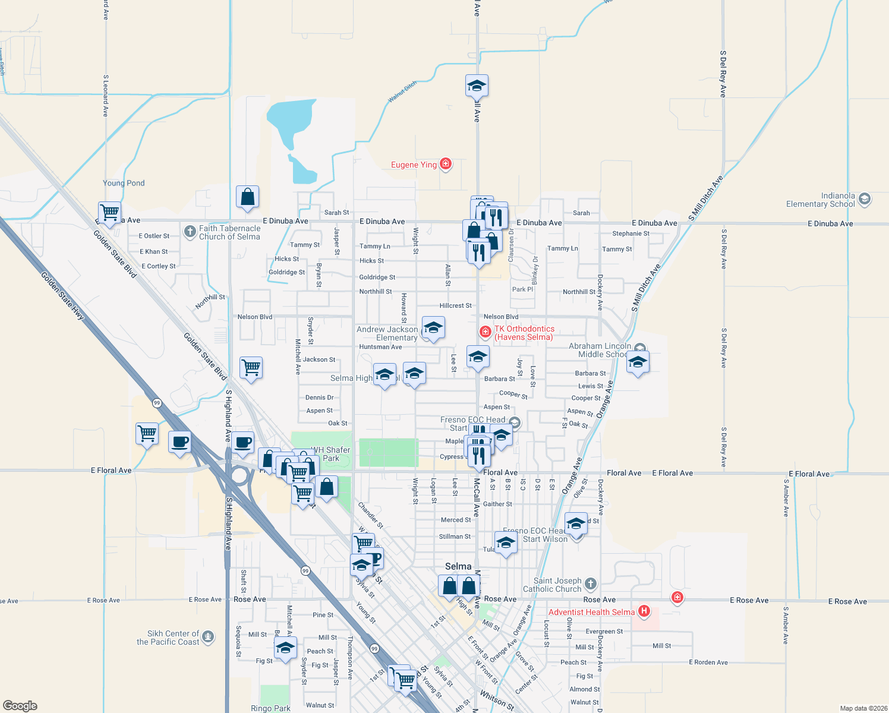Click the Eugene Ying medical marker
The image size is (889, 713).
(446, 164)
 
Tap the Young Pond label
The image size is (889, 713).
(124, 183)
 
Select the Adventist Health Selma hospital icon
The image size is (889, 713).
(644, 611)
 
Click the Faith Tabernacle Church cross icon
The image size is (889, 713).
(190, 232)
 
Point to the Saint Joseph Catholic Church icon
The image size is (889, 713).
(590, 583)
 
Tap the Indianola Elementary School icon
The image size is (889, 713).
(865, 199)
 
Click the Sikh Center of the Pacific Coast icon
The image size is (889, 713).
(207, 637)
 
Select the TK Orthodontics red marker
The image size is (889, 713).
(486, 331)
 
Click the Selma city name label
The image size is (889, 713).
(458, 566)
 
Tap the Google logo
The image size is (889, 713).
(20, 705)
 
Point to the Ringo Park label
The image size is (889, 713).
(270, 708)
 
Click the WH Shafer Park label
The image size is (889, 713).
(331, 454)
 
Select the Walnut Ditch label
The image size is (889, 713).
(402, 92)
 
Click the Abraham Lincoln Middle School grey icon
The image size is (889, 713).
(639, 349)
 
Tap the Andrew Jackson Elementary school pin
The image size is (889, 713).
(433, 328)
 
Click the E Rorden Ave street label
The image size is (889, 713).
(708, 662)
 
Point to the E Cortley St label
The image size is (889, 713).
(159, 266)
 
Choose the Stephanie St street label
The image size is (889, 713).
(631, 234)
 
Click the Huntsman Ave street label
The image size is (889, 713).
(380, 347)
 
